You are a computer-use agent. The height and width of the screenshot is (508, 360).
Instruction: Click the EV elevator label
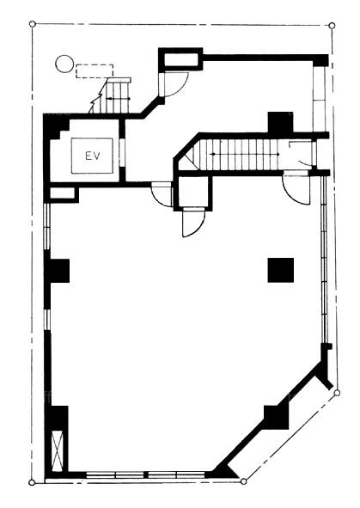[x=93, y=156]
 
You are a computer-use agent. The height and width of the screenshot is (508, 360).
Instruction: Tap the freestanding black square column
[x=281, y=270]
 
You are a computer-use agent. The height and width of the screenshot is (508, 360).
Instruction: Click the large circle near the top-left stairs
[x=64, y=64]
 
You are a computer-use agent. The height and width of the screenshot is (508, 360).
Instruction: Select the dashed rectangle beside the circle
[x=95, y=71]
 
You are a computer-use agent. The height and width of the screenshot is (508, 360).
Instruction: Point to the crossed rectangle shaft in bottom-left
[x=58, y=451]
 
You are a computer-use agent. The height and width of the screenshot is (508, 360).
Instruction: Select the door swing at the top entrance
[x=175, y=84]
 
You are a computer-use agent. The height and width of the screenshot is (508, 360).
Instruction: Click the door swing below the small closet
[x=193, y=223]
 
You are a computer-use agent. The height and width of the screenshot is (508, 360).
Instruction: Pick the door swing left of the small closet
[x=162, y=193]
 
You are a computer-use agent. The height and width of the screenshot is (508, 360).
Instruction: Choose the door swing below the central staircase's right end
[x=296, y=189]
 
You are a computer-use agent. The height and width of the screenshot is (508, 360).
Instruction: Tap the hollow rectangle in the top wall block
[x=180, y=59]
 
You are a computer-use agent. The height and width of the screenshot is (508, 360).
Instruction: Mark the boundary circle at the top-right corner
[x=332, y=25]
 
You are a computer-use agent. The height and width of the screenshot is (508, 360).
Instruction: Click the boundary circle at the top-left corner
[x=32, y=24]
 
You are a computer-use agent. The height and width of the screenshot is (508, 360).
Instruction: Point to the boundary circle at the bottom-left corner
[x=32, y=482]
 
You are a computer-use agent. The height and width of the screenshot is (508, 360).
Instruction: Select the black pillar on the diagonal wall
[x=276, y=417]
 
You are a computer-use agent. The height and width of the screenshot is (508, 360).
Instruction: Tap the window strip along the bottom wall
[x=146, y=475]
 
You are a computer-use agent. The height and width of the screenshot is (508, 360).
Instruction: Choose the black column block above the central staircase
[x=280, y=122]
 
